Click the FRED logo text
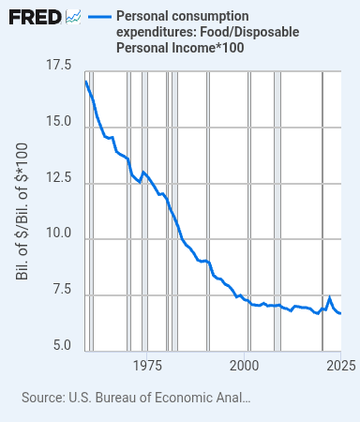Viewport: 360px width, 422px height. [x=35, y=17]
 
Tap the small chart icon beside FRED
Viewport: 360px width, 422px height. [x=73, y=17]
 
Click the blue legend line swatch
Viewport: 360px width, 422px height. [x=99, y=17]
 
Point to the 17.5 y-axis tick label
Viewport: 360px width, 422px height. [x=59, y=65]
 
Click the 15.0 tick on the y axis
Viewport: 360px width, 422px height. [x=59, y=121]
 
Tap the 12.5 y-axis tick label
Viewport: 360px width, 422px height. [x=59, y=177]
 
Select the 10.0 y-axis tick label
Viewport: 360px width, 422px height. [x=59, y=233]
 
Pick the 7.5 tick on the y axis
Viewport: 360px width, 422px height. [x=62, y=289]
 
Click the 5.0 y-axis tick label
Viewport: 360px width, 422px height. [x=62, y=345]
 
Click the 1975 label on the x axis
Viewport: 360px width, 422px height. [x=147, y=366]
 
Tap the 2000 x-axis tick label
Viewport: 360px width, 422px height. [x=245, y=366]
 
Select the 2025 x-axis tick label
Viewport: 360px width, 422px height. [x=341, y=366]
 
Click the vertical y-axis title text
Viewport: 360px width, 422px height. [x=22, y=212]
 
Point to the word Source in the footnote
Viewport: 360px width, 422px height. [x=42, y=398]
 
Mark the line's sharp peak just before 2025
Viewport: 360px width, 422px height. [x=329, y=297]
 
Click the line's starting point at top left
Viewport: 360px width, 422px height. [x=86, y=82]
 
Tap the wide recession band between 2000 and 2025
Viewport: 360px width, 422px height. [x=277, y=211]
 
